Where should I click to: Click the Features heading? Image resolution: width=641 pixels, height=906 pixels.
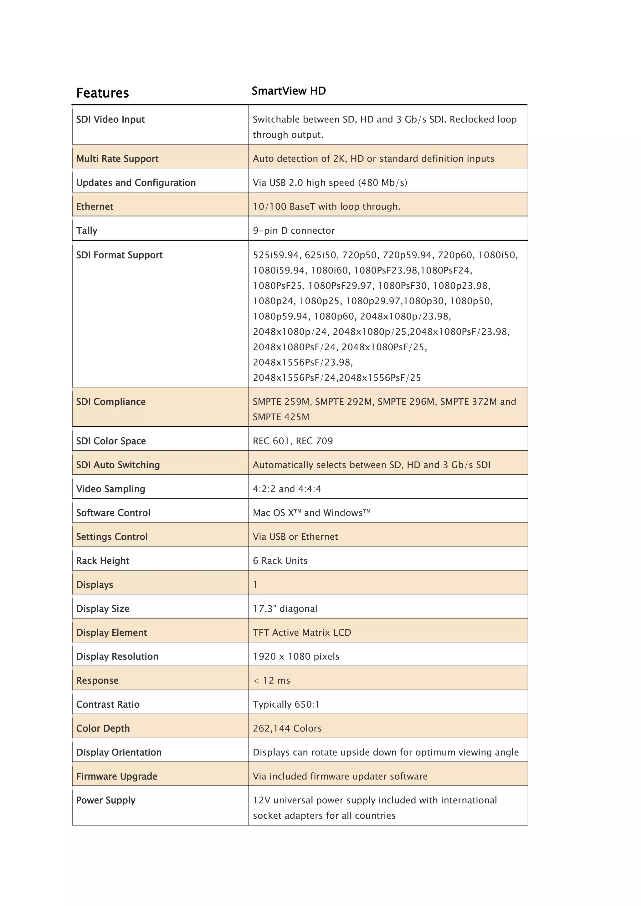(103, 93)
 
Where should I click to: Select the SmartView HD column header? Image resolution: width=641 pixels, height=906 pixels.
(289, 91)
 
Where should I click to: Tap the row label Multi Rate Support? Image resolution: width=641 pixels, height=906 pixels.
(117, 159)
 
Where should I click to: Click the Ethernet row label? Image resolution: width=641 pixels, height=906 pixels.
(95, 207)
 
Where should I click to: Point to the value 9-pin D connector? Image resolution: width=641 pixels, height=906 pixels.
(294, 231)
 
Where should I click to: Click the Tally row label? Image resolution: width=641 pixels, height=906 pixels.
(87, 231)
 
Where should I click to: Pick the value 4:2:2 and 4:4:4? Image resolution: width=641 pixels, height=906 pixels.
(287, 489)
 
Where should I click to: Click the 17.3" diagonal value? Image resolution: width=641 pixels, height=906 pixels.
(285, 609)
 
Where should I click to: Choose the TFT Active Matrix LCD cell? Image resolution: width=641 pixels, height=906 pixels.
(302, 633)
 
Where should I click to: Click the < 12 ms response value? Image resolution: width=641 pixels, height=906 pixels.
(272, 681)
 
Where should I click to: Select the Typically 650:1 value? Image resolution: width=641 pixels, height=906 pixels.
(286, 705)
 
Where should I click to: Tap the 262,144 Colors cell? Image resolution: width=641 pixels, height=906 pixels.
(287, 729)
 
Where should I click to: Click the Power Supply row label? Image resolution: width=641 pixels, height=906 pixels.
(106, 801)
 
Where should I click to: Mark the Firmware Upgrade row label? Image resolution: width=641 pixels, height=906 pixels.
(117, 776)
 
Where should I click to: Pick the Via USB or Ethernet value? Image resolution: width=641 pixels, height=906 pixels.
(295, 537)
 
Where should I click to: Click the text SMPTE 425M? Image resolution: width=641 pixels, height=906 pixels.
(281, 417)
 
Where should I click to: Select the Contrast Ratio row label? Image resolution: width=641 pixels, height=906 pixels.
(108, 705)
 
